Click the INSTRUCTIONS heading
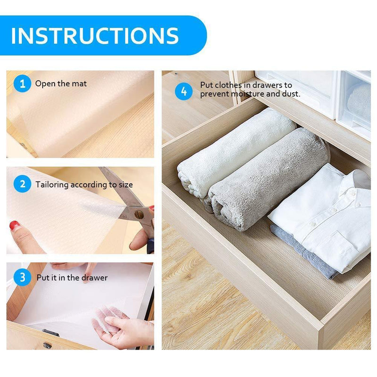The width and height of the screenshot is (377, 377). pos(94,36)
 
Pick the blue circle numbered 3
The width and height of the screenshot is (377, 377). pos(22,278)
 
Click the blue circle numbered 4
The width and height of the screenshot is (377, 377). pos(184,90)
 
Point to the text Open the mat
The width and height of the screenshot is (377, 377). pos(61,84)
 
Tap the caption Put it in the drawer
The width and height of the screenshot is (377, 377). pos(72,278)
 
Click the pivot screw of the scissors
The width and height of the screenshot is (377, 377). pos(139,214)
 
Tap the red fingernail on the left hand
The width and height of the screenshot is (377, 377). pos(14,225)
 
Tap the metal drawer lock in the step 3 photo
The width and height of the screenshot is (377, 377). pos(48,345)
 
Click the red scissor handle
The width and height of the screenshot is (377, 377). pos(150,236)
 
